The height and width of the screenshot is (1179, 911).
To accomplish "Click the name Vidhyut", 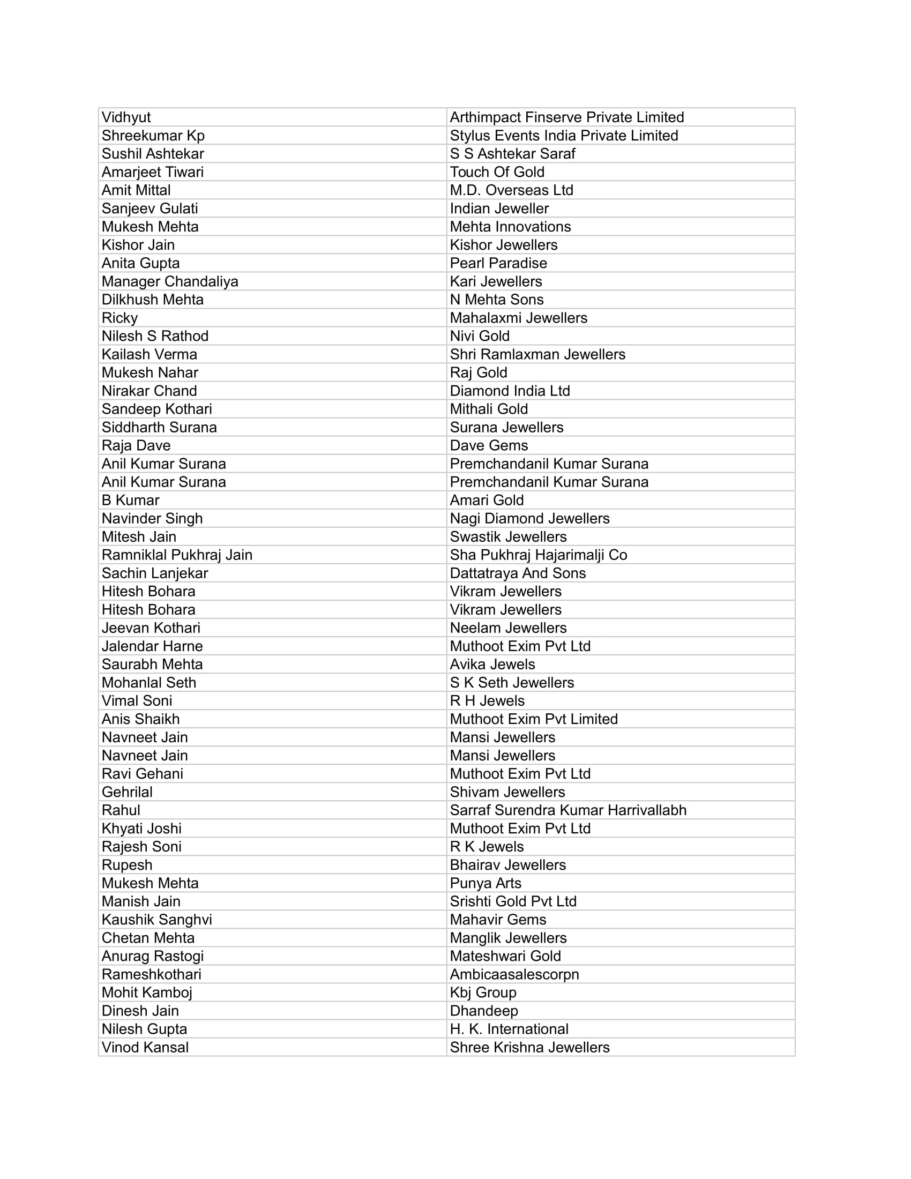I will click(126, 117).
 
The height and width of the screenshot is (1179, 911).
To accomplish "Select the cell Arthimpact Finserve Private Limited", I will click(566, 117).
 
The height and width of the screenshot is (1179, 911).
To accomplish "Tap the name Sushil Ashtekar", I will click(153, 154).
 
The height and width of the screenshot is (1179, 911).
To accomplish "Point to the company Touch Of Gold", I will click(497, 172).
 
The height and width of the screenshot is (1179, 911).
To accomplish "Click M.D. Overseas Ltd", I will click(511, 190).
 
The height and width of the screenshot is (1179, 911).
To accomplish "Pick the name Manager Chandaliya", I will click(169, 281).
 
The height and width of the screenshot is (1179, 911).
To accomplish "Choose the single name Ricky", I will click(120, 318).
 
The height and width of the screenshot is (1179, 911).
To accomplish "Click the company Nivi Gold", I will click(480, 337).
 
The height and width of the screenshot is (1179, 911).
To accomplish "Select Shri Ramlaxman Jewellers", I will click(537, 354).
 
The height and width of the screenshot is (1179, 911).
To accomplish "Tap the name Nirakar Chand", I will click(149, 391).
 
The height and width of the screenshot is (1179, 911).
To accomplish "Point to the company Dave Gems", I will click(489, 445).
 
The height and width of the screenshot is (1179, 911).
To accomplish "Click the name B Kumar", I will click(130, 501).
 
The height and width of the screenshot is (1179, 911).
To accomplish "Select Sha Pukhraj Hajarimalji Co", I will click(538, 555).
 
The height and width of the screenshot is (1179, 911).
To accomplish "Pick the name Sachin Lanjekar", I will click(154, 573).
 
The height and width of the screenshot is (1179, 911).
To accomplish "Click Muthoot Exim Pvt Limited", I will click(534, 719).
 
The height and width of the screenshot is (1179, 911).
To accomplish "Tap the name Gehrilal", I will click(127, 792).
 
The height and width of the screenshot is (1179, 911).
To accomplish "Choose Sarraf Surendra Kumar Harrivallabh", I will click(567, 810).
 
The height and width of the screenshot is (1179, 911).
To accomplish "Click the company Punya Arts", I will click(486, 883).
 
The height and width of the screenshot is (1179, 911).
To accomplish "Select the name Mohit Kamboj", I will click(147, 993).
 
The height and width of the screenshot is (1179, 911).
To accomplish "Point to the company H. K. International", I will click(509, 1029).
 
